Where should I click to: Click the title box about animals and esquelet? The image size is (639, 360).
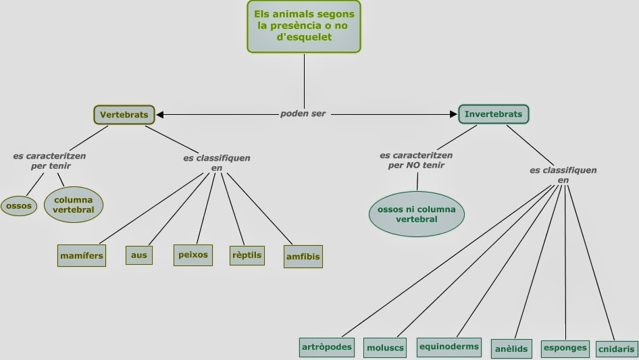tap(303, 26)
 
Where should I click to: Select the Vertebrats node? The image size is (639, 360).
tap(124, 115)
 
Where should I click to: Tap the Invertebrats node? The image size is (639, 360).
tap(493, 114)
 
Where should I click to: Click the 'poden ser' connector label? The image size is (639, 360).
tap(303, 113)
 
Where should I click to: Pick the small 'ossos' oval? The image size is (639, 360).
tap(19, 205)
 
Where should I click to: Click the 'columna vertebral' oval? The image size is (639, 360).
tap(73, 205)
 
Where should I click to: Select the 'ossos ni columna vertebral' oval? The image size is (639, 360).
tap(416, 214)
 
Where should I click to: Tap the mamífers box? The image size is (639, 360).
tap(82, 256)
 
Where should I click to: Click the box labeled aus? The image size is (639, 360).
tap(139, 255)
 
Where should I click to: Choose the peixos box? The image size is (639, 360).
tap(193, 255)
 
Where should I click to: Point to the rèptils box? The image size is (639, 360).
tap(247, 255)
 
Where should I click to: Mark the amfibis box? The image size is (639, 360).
tap(302, 257)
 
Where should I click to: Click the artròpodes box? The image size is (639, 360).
tap(327, 347)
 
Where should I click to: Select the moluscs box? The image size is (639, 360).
tap(385, 348)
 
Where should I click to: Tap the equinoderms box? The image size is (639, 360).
tap(449, 347)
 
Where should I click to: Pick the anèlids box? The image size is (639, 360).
tap(511, 349)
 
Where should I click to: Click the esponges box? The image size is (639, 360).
tap(565, 347)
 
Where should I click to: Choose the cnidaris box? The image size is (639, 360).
tap(617, 349)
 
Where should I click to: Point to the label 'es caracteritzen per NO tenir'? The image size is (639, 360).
tap(412, 159)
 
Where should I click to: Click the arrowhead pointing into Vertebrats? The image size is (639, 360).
tap(159, 114)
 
